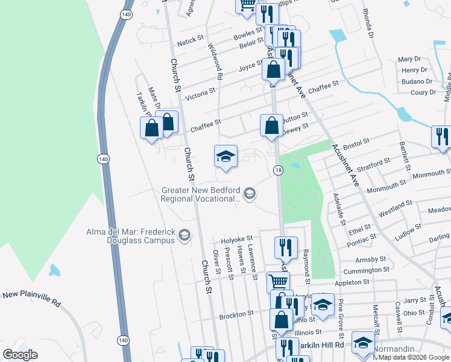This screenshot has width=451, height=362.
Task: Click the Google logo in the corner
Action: point(20,355)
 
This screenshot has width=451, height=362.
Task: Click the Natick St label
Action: point(192,43)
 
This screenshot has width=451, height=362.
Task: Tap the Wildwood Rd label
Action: point(215,61)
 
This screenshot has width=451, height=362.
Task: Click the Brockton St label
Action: point(236,314)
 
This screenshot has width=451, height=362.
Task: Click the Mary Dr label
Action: point(409,59)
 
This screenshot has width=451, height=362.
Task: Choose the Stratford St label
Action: point(369,164)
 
